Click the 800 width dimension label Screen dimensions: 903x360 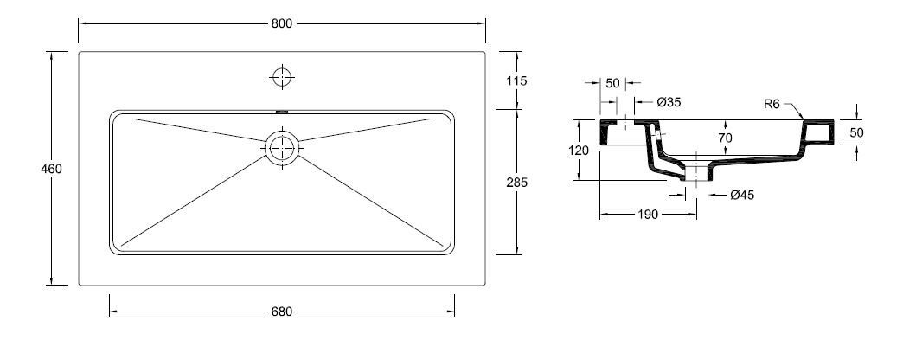[x=282, y=23]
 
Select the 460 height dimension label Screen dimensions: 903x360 [x=51, y=170]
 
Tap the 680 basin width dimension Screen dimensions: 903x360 [x=282, y=312]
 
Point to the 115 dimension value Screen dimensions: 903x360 [x=516, y=81]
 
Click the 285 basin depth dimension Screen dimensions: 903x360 [x=516, y=183]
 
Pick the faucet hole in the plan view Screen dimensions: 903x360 [x=282, y=77]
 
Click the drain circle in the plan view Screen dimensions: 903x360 [x=282, y=149]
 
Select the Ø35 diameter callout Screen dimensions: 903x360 [x=669, y=102]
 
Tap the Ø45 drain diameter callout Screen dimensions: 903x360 [x=742, y=196]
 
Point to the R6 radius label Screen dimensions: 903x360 [x=772, y=104]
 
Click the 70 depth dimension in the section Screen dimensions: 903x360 [x=725, y=138]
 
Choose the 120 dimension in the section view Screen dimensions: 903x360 [x=578, y=151]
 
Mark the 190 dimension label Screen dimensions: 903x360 [x=647, y=215]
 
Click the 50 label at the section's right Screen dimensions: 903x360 [x=856, y=132]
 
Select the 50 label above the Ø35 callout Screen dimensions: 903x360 [x=612, y=84]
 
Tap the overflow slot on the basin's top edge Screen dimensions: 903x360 [x=282, y=111]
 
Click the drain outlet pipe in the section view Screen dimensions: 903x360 [x=697, y=173]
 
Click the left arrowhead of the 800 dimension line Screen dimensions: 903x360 [x=82, y=23]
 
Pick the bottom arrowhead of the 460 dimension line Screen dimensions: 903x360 [x=51, y=281]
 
